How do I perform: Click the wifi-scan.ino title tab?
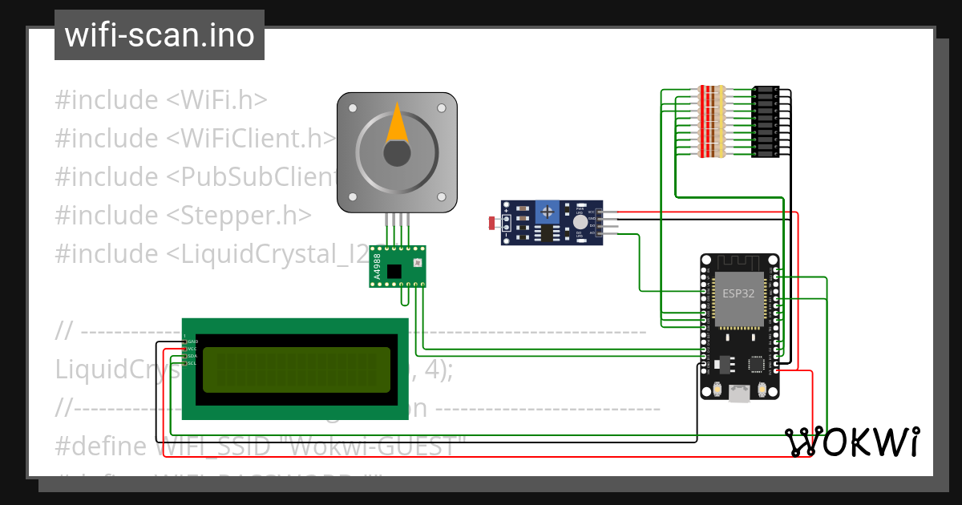[160, 35]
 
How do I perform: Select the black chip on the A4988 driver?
[394, 272]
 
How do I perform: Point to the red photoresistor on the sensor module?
[492, 222]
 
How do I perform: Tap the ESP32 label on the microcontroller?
[738, 293]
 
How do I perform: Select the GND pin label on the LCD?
[192, 341]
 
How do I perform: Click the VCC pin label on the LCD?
[192, 349]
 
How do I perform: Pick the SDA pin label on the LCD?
[192, 356]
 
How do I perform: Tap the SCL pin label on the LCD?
[192, 363]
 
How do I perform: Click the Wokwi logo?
[851, 442]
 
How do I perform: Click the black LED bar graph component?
[765, 122]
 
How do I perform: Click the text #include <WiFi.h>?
[161, 100]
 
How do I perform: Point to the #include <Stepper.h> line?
[183, 215]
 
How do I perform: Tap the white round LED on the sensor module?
[579, 222]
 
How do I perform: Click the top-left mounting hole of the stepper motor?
[352, 107]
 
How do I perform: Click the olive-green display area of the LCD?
[297, 370]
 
